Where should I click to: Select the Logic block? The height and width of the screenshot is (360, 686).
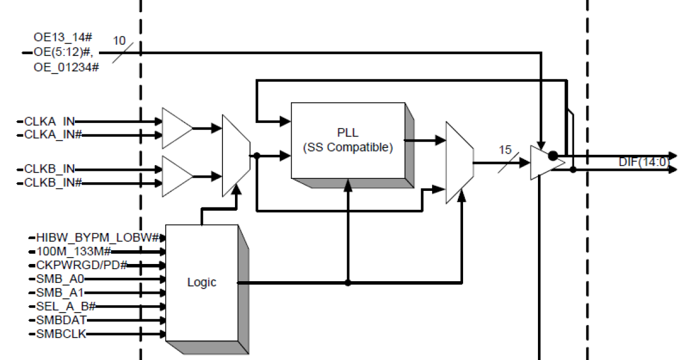coord(201,282)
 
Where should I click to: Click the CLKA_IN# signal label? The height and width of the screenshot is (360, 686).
coord(53,135)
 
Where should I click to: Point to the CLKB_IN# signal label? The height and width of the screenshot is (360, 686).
coord(53,183)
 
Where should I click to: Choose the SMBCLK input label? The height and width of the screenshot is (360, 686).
coord(61,334)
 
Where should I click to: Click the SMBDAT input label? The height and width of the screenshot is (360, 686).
coord(61,320)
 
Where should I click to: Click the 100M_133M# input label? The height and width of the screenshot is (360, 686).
coord(73,251)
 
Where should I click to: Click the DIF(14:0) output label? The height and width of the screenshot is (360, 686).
coord(643,162)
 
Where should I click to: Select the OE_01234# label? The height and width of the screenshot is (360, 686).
coord(66,67)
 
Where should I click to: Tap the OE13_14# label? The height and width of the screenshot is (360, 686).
coord(63,38)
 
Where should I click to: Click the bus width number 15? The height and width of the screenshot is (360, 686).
coord(505,150)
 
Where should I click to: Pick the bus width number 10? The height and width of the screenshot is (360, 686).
coord(119,41)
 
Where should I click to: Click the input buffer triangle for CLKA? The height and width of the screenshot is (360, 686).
coord(177,128)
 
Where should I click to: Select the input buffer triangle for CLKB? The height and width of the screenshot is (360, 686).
coord(177,175)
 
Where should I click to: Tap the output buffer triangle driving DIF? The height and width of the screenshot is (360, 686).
coord(544,163)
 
